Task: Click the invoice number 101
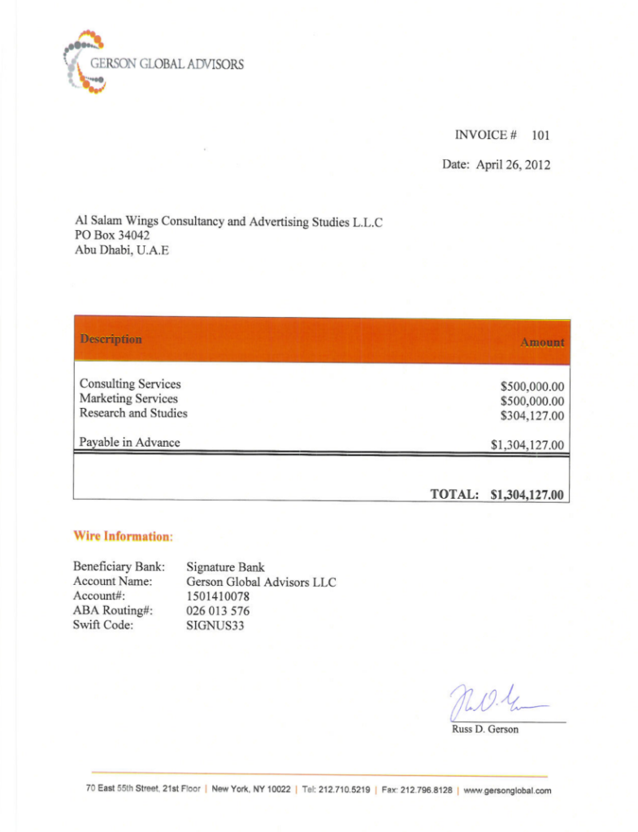[x=541, y=135]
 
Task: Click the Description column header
[x=111, y=339]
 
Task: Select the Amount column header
[x=542, y=342]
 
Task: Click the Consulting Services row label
[x=130, y=383]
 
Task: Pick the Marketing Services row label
[x=128, y=398]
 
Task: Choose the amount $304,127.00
[x=532, y=416]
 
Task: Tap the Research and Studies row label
[x=133, y=413]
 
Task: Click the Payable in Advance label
[x=129, y=442]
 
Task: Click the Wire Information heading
[x=124, y=536]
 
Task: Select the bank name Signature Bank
[x=225, y=567]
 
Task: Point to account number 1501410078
[x=218, y=596]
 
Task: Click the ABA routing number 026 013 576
[x=218, y=611]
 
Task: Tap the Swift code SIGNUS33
[x=215, y=626]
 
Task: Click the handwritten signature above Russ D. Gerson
[x=496, y=699]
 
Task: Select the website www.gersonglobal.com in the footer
[x=507, y=791]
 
